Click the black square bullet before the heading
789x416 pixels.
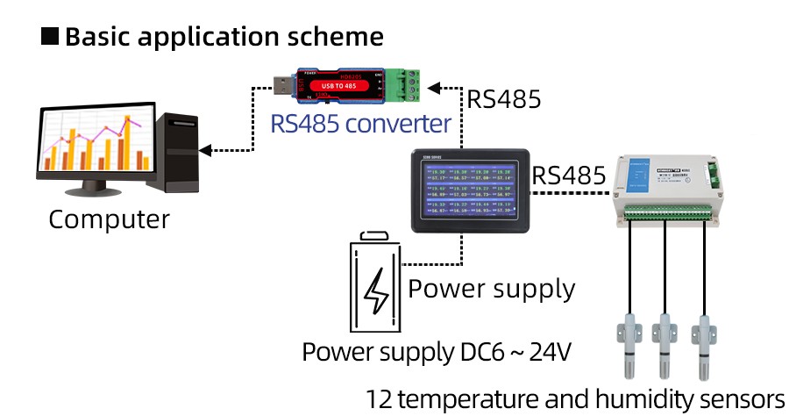tap(51, 37)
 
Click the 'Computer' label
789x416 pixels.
tap(109, 219)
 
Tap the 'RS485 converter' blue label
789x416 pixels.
tap(361, 123)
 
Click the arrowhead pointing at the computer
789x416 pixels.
tap(207, 148)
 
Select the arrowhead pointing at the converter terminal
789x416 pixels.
tap(442, 88)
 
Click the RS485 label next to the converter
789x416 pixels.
tap(504, 98)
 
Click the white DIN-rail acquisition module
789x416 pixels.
tap(672, 189)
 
